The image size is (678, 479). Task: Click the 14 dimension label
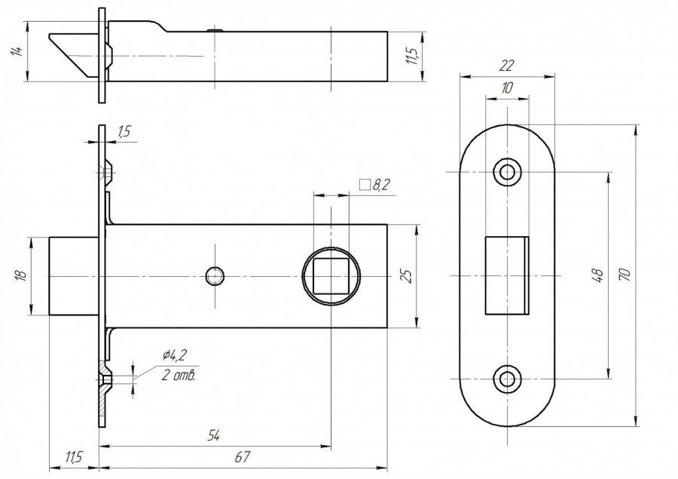(x=17, y=51)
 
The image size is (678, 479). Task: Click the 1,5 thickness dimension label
(x=124, y=131)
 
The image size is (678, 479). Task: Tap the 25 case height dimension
(x=407, y=276)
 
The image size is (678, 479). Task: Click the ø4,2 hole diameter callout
(x=174, y=355)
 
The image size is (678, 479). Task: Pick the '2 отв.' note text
(x=179, y=375)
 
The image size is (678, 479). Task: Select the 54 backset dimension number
(x=213, y=435)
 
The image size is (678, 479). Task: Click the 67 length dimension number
(x=242, y=457)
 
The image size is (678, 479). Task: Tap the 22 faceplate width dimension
(x=506, y=66)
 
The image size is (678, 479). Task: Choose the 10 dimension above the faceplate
(x=507, y=88)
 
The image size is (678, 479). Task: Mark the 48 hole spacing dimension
(x=598, y=275)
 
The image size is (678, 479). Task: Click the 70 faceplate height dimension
(x=625, y=275)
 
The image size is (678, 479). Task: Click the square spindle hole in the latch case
(x=331, y=276)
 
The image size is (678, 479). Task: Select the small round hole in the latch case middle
(x=215, y=276)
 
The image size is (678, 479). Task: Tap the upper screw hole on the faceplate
(x=507, y=173)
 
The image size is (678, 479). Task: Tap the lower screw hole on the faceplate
(x=507, y=379)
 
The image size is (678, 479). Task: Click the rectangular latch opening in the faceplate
(x=507, y=275)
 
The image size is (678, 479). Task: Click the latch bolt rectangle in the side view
(x=74, y=276)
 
